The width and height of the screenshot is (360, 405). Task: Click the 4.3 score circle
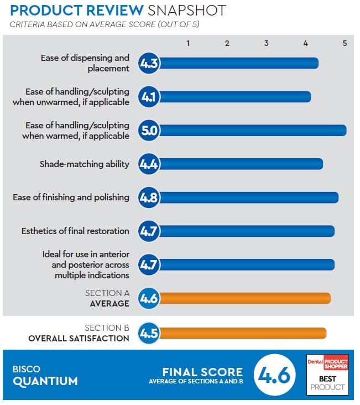click(x=149, y=64)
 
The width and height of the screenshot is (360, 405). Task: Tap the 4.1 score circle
click(x=149, y=97)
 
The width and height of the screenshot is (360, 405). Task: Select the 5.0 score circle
click(x=149, y=131)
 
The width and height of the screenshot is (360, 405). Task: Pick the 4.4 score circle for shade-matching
click(x=149, y=164)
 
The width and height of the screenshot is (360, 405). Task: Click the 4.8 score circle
click(x=149, y=198)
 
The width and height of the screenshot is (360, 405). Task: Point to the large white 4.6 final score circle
click(x=273, y=376)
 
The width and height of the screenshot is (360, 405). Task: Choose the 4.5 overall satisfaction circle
click(x=149, y=333)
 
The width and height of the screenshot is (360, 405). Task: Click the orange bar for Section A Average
click(x=243, y=299)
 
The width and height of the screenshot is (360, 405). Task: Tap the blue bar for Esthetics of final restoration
click(x=246, y=231)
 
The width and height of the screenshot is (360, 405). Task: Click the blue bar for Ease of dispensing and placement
click(x=238, y=64)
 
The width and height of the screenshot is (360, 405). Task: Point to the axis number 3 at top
click(x=267, y=43)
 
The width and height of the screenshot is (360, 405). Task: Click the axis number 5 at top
click(x=345, y=43)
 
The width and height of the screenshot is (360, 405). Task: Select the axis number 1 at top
click(x=188, y=43)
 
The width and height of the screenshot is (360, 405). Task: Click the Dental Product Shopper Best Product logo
click(x=327, y=375)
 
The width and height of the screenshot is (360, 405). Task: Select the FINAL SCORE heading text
click(x=202, y=372)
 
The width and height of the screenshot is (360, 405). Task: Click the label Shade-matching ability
click(x=84, y=164)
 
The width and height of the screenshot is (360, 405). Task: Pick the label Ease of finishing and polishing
click(x=71, y=198)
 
